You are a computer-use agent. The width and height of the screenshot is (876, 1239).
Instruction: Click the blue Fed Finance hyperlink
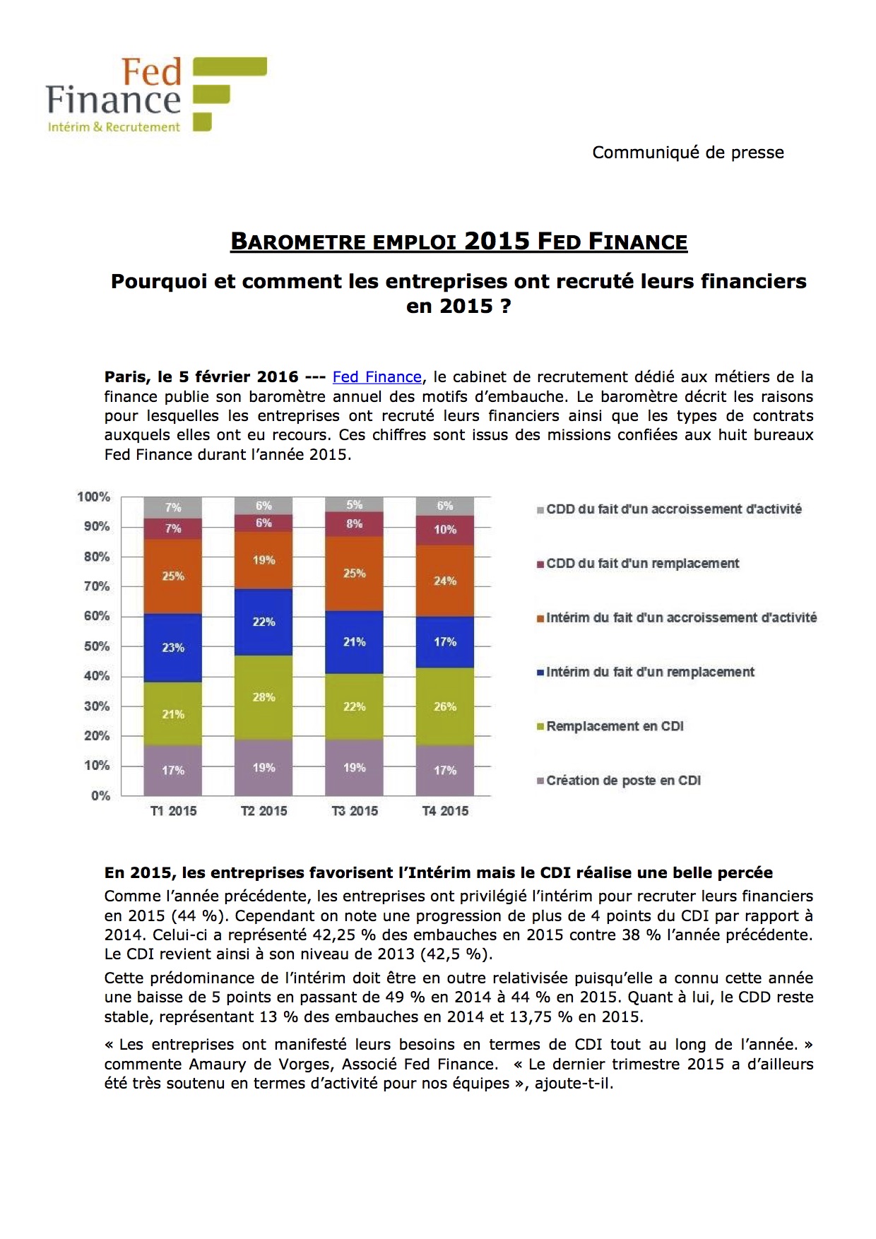377,377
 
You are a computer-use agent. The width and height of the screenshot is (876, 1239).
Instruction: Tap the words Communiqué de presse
687,153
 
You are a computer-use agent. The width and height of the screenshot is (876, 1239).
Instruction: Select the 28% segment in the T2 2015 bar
264,697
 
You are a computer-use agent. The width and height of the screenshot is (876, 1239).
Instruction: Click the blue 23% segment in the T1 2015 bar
173,647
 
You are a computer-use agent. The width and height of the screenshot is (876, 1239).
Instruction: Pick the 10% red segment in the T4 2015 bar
445,530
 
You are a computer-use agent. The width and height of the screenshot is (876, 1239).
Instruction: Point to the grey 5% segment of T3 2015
355,504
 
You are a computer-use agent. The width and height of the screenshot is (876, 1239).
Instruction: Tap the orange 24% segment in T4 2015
445,581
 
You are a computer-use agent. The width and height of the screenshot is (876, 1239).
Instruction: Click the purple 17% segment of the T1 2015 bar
173,770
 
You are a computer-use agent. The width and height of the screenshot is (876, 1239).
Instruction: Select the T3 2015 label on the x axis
355,811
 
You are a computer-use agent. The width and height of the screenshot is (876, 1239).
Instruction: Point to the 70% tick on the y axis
97,586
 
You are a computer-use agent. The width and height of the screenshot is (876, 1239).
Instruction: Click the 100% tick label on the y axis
94,497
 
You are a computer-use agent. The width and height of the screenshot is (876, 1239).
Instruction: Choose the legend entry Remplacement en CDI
615,726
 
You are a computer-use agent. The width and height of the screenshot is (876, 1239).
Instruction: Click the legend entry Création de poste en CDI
623,781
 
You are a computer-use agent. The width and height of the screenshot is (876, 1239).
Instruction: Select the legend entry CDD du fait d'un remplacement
642,563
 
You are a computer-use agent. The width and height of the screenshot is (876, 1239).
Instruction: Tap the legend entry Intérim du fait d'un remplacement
650,672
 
